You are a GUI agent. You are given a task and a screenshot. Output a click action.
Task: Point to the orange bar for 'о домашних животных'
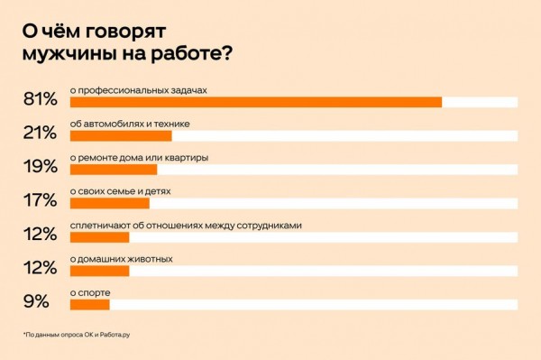(99, 271)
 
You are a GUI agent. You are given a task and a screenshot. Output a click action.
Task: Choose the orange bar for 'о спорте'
(89, 304)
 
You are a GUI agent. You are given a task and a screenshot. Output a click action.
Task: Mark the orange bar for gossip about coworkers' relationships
(99, 236)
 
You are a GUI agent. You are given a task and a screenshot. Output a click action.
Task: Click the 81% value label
(40, 99)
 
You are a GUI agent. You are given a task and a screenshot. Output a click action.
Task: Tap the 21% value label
(40, 133)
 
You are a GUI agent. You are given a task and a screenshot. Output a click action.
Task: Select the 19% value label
(40, 167)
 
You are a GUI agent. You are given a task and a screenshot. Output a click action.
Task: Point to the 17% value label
(40, 200)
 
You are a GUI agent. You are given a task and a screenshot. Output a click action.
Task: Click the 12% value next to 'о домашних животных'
(40, 268)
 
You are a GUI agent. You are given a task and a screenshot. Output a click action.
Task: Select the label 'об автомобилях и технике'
(129, 124)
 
